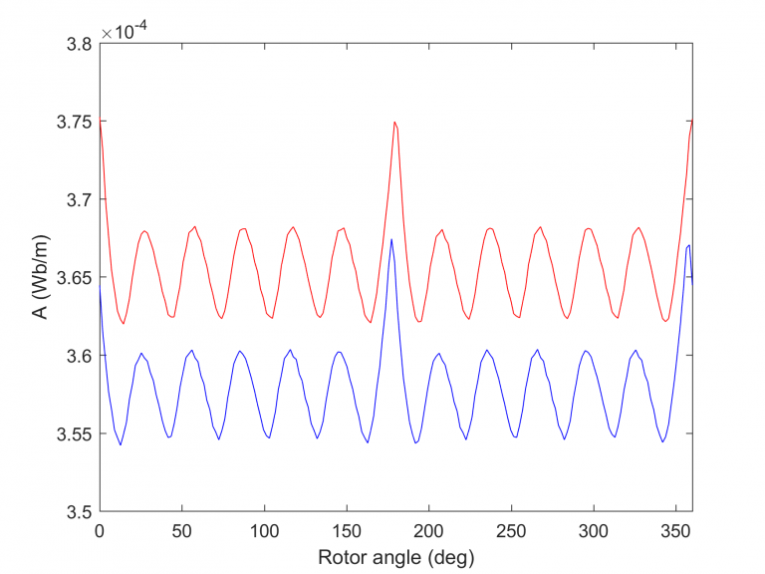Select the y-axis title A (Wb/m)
pyautogui.click(x=38, y=277)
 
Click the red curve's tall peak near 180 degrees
pyautogui.click(x=394, y=123)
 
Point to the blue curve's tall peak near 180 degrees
pyautogui.click(x=391, y=239)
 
